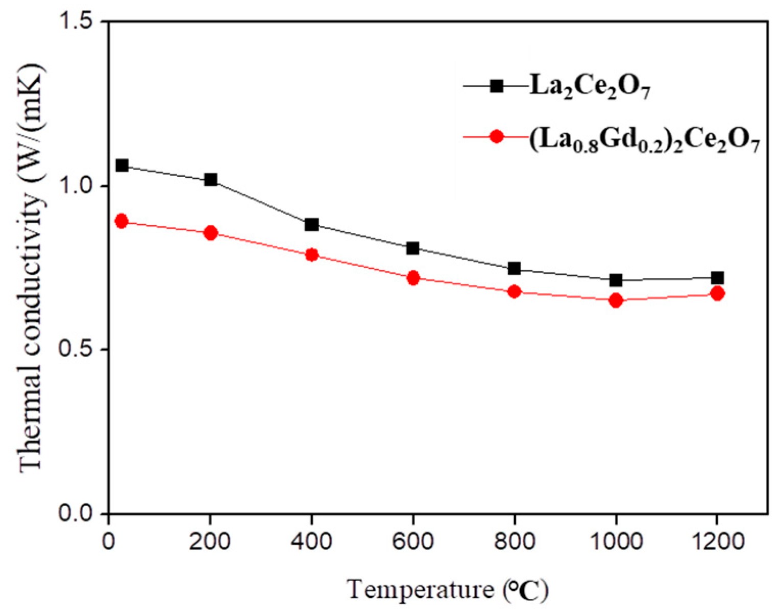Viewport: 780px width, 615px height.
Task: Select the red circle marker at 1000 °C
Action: [616, 300]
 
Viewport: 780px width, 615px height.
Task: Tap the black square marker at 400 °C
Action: [311, 224]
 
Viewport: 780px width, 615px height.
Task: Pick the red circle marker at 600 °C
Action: [413, 278]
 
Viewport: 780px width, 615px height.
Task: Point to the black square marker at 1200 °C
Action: [717, 278]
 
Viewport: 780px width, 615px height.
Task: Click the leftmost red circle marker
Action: [121, 221]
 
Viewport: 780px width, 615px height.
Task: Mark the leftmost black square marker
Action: [121, 165]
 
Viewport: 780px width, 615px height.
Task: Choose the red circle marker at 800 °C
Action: [514, 292]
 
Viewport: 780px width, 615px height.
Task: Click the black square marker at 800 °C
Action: [514, 268]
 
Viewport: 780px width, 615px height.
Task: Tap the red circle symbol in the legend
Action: [496, 136]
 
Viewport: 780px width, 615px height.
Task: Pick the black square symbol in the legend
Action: [496, 86]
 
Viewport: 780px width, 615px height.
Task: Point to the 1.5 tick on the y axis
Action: [79, 21]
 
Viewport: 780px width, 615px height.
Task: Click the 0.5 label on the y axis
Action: [79, 350]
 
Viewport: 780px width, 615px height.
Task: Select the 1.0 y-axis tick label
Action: [79, 186]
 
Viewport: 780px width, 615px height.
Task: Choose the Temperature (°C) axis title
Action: [448, 590]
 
